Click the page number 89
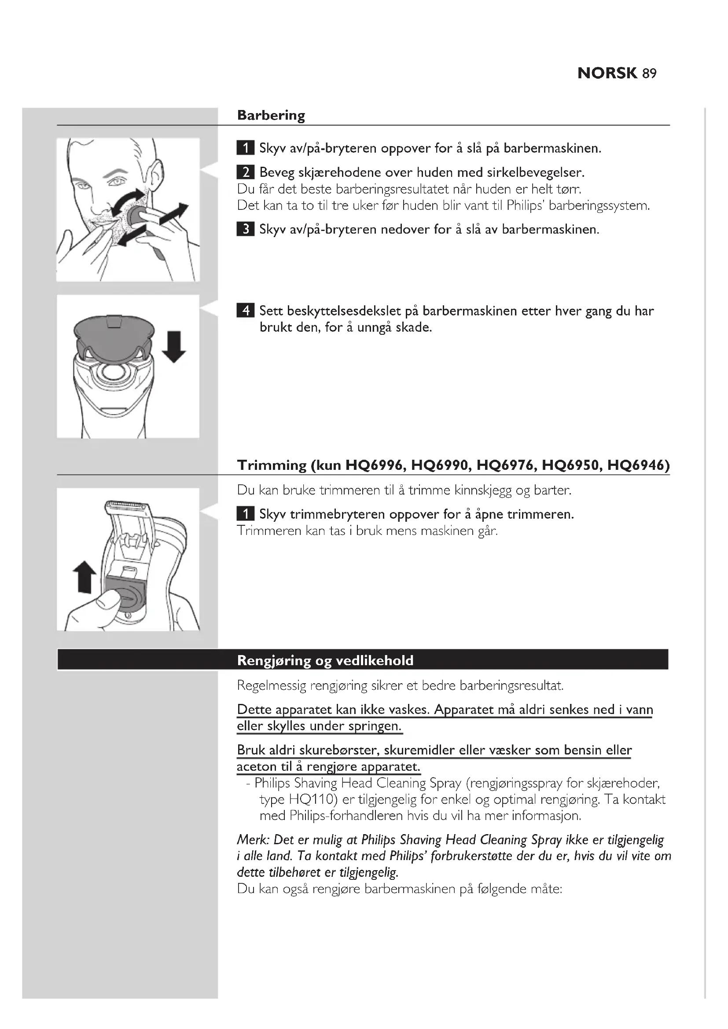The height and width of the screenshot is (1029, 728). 649,73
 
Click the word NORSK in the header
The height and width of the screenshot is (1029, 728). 607,73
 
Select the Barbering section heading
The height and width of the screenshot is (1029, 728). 271,115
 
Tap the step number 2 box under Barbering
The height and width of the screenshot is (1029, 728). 245,172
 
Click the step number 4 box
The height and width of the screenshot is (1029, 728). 245,311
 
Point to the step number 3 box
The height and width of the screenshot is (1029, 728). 245,230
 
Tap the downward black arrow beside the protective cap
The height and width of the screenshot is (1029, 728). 173,346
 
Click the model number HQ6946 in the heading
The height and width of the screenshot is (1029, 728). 638,465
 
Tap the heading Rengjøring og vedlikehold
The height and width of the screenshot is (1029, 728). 325,660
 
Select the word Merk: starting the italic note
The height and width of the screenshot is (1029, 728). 252,839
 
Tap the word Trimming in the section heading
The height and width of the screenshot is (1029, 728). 272,465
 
